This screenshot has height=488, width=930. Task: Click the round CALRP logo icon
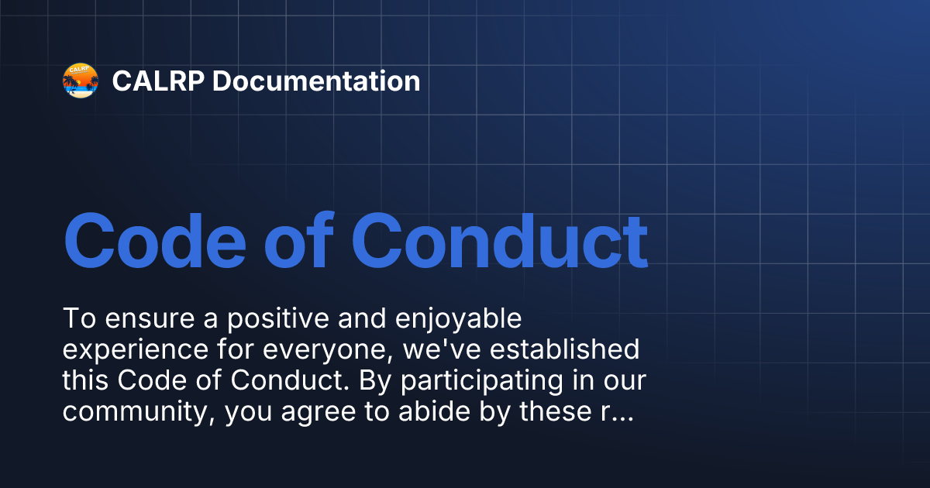pyautogui.click(x=81, y=81)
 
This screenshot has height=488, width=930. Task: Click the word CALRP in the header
pyautogui.click(x=157, y=81)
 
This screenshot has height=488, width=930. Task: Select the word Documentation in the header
pyautogui.click(x=316, y=81)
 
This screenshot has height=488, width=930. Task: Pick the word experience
pyautogui.click(x=128, y=350)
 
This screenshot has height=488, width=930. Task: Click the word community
pyautogui.click(x=138, y=413)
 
